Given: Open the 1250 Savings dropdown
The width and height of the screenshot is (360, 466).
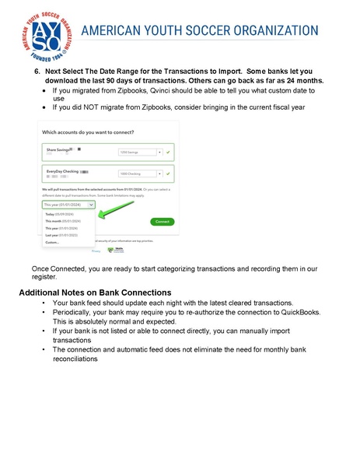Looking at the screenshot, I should (x=140, y=152).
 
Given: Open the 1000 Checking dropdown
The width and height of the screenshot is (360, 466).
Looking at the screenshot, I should (x=140, y=174).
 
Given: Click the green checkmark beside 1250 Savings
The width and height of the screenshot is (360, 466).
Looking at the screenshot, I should (x=169, y=152).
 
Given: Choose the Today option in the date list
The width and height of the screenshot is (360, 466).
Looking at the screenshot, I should (x=61, y=214).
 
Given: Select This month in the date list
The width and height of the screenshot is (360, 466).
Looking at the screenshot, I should (x=64, y=221).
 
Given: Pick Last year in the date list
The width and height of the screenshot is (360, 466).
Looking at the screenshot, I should (x=62, y=235).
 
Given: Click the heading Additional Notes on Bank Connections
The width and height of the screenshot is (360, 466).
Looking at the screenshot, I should (x=95, y=292).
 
